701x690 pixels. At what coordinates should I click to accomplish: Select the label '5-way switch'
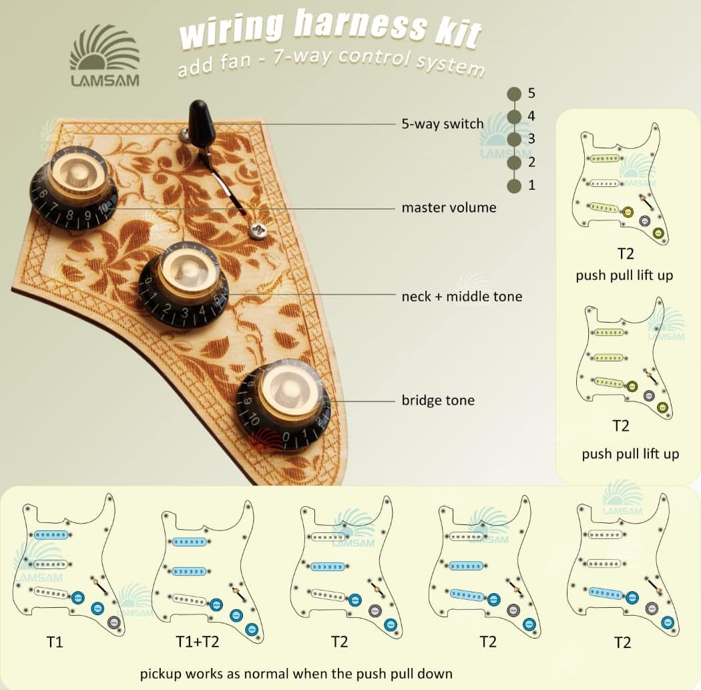click(442, 124)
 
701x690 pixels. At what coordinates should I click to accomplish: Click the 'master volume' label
click(449, 208)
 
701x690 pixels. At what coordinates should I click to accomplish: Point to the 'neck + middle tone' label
click(461, 296)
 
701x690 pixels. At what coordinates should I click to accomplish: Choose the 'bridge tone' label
click(438, 401)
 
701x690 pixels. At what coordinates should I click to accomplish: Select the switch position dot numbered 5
click(514, 94)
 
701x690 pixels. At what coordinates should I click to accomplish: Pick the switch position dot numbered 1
click(514, 186)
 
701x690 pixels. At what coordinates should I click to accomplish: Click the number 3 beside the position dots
click(531, 139)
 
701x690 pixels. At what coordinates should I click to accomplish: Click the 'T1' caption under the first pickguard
click(55, 643)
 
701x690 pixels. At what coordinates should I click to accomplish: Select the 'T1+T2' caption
click(198, 643)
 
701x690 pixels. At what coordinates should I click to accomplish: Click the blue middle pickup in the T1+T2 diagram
click(191, 572)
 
